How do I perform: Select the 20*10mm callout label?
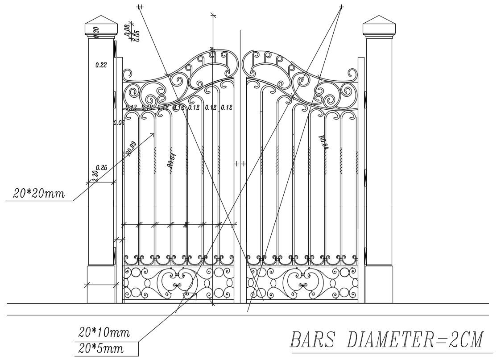tap(104, 332)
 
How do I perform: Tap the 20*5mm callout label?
tap(101, 348)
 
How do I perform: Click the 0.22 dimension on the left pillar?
tap(101, 65)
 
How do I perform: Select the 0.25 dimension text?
tap(102, 168)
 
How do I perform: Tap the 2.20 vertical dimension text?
tap(95, 174)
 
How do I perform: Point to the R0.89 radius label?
tap(131, 149)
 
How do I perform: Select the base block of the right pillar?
tap(379, 284)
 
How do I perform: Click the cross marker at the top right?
tap(342, 7)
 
